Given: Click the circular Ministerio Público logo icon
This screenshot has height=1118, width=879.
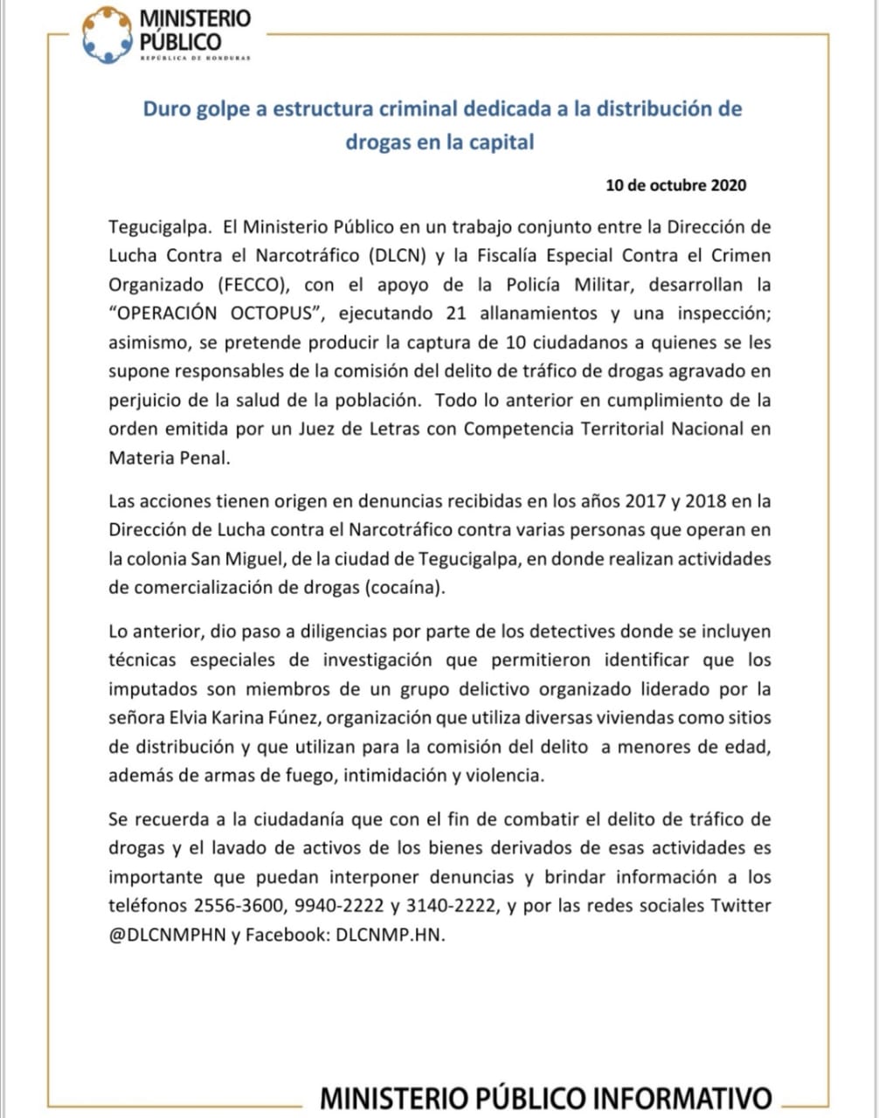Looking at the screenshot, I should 107,35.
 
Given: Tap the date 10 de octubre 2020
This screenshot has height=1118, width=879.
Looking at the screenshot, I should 675,185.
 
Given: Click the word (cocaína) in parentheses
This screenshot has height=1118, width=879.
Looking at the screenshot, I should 402,587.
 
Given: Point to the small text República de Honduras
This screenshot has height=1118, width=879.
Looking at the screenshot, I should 195,59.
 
